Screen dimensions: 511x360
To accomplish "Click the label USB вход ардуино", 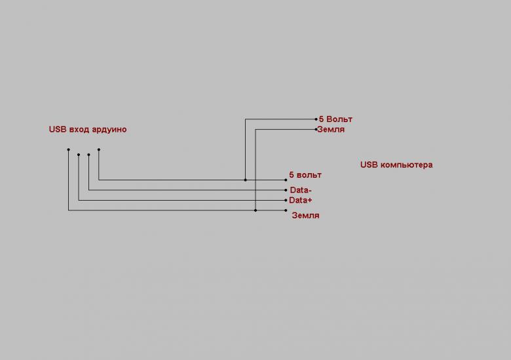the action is (88, 129).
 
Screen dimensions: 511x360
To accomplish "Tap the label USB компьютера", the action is (396, 165).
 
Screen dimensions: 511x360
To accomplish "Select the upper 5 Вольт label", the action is (335, 119).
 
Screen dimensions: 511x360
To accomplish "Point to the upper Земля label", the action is (331, 129).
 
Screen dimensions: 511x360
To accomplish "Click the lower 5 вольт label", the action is (305, 175).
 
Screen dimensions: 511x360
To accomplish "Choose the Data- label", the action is (301, 190).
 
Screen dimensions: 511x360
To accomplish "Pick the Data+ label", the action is (301, 200).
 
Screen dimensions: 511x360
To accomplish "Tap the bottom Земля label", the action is (306, 216).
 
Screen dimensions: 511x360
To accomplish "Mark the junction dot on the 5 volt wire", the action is (246, 180).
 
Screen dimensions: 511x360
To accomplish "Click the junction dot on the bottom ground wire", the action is (255, 210).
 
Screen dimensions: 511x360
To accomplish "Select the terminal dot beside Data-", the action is (286, 190).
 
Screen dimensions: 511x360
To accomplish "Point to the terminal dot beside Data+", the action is (286, 200).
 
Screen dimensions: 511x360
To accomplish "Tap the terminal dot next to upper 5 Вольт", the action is (316, 119).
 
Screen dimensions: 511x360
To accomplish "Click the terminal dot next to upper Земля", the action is (316, 129).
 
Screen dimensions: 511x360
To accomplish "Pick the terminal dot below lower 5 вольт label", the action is (286, 180).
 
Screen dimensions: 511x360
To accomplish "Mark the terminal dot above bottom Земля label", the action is (286, 210).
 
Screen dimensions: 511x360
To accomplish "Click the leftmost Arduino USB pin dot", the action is (68, 150).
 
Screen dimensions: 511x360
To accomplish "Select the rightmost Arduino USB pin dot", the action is (99, 150).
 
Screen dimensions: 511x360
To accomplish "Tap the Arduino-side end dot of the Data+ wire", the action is (79, 155).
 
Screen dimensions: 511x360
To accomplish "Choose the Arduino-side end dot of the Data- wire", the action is (88, 155).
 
